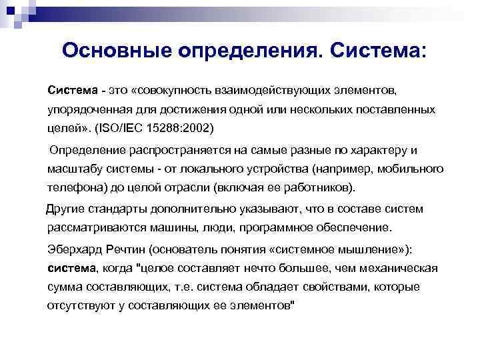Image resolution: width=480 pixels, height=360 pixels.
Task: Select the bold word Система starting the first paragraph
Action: (x=70, y=89)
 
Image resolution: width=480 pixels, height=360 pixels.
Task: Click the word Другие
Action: (x=65, y=209)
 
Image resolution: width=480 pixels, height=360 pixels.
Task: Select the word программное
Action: (x=275, y=227)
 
